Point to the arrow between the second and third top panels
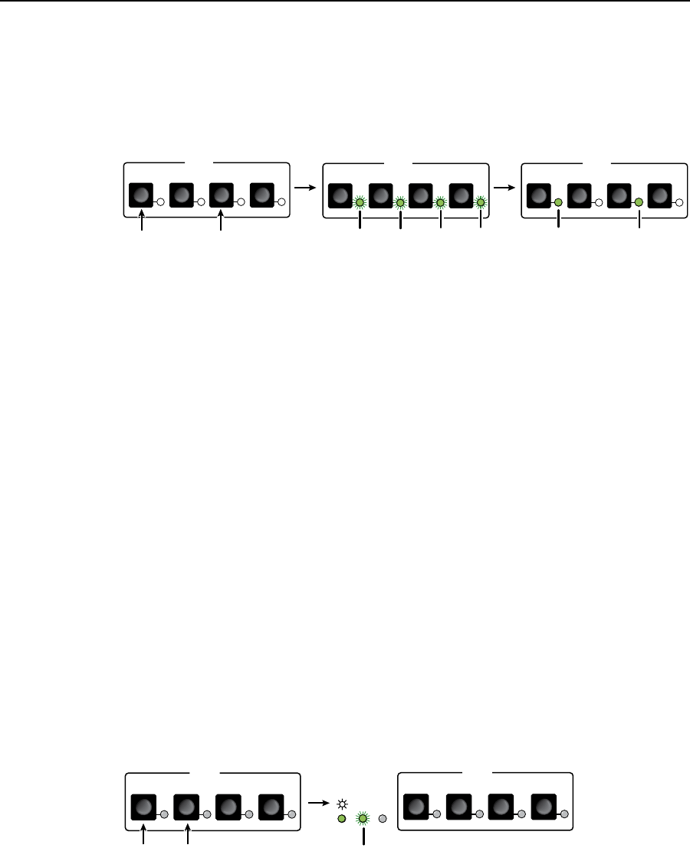(x=503, y=186)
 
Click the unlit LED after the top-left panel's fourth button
(x=281, y=202)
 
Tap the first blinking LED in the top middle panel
(x=360, y=202)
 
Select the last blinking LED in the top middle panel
(x=480, y=202)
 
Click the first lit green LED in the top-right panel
(x=558, y=202)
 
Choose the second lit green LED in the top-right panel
(x=639, y=202)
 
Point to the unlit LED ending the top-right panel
(x=678, y=202)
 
